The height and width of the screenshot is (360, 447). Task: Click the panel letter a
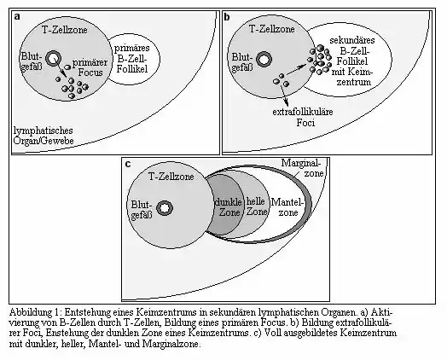tap(17, 17)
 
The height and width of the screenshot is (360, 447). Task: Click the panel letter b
tap(227, 17)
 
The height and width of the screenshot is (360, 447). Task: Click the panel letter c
tap(128, 164)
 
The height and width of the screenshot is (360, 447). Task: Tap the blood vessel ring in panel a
tap(53, 59)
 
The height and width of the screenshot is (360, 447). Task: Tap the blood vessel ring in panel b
tap(264, 59)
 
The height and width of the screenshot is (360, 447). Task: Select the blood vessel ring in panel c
tap(165, 208)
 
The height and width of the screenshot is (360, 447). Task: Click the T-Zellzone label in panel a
tap(65, 30)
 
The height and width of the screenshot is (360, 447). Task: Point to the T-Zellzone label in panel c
tap(171, 177)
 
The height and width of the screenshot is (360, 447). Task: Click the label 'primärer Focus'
tap(90, 67)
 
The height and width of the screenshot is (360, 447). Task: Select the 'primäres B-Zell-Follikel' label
tap(132, 59)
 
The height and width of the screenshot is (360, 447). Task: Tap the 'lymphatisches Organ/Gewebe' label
tap(44, 136)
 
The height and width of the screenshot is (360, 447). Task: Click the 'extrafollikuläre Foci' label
tap(303, 117)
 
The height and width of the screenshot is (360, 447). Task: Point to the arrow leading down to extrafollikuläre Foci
tap(284, 96)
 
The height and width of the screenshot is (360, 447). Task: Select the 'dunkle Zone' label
tap(229, 207)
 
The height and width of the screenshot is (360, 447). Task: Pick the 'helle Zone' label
tap(257, 206)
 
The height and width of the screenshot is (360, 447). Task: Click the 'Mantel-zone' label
tap(287, 207)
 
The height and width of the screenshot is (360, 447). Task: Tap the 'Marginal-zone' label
tap(303, 168)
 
